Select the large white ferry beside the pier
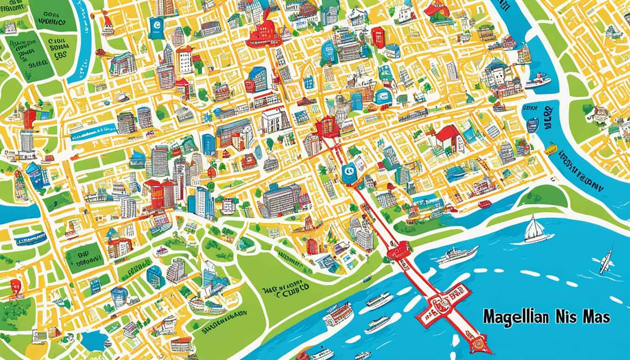(457, 255)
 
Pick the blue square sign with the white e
(156, 27)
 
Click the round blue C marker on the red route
(348, 173)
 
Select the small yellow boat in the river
(550, 150)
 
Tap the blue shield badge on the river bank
(532, 124)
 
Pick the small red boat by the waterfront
(484, 204)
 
